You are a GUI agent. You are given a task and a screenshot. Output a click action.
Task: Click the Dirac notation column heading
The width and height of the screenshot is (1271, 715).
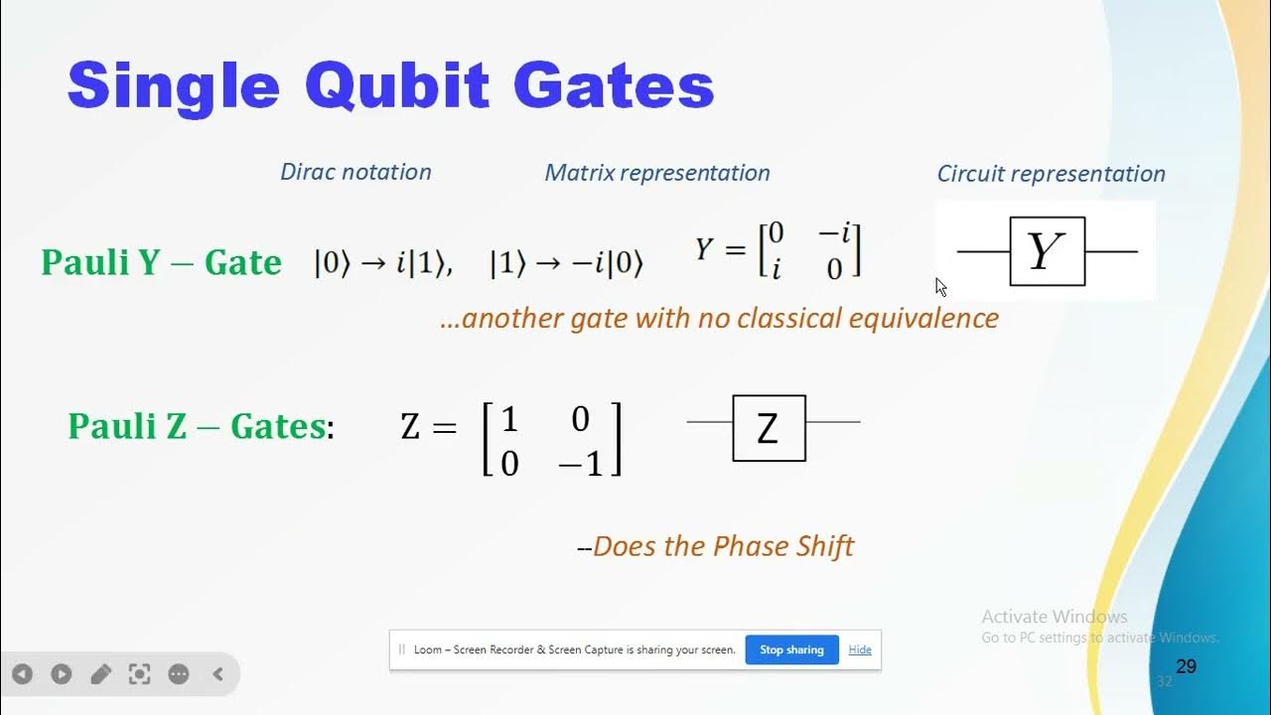tap(355, 172)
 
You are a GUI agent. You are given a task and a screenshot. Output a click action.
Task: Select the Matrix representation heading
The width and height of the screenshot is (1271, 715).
tap(657, 173)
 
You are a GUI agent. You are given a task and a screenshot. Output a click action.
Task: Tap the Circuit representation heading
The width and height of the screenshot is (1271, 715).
tap(1051, 174)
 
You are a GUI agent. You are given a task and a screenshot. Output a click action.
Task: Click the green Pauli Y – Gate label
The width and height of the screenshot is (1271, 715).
tap(161, 263)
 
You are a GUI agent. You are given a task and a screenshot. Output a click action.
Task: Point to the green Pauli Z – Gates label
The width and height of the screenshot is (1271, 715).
tap(197, 427)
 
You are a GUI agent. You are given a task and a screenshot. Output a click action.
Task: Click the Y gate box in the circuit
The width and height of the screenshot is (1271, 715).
tap(1047, 251)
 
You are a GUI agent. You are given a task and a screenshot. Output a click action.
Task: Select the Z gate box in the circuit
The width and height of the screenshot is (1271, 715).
tap(769, 428)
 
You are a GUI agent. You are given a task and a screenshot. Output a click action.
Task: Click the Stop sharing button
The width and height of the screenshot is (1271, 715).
tap(791, 649)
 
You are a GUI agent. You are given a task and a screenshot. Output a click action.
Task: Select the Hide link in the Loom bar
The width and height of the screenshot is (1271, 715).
tap(860, 649)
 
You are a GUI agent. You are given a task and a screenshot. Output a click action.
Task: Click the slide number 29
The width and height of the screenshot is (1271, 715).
tap(1186, 666)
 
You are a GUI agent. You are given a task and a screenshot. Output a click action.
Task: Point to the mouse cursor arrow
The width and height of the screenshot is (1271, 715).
tap(939, 285)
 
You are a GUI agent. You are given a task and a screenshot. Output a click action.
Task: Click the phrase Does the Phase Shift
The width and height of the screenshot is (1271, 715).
tap(723, 546)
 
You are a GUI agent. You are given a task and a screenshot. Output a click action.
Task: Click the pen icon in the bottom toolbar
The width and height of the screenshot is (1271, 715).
tap(100, 674)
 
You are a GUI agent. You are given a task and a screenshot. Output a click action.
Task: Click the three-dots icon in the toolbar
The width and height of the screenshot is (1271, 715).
tap(179, 674)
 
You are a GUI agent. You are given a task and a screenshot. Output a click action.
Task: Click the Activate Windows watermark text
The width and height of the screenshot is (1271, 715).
tap(1055, 617)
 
